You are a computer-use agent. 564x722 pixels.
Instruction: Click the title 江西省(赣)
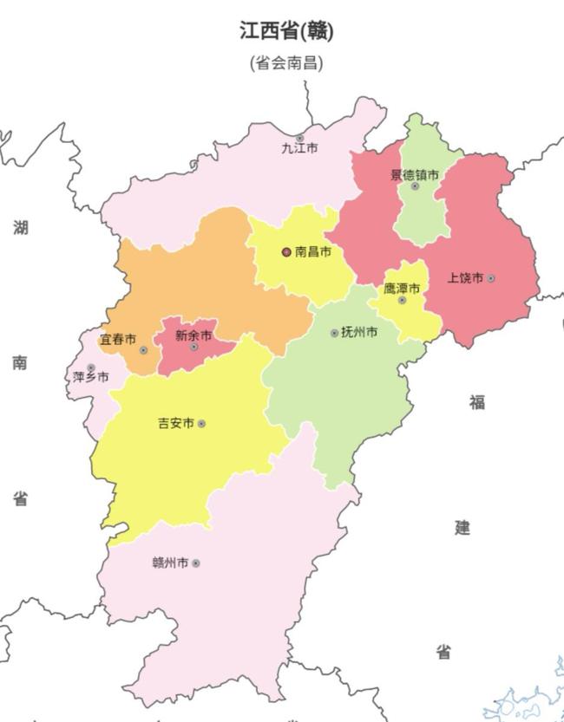286,31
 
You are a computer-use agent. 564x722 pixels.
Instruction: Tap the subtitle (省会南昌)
286,63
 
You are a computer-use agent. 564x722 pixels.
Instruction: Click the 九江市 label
298,148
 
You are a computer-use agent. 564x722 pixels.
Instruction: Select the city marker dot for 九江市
299,138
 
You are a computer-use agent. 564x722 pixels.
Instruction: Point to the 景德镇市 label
414,174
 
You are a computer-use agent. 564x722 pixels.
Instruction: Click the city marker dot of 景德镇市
415,185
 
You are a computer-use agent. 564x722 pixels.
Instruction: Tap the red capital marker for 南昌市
286,252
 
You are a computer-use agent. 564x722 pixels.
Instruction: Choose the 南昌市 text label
313,252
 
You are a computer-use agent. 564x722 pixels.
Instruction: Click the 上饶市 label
465,278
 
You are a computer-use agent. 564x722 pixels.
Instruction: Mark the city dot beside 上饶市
491,278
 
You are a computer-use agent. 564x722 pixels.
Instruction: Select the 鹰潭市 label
402,288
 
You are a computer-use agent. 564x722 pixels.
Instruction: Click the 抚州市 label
359,332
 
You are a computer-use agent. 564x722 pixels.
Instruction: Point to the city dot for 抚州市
334,333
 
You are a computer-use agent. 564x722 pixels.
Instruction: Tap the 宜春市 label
117,339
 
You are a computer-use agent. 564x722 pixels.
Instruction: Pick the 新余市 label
193,335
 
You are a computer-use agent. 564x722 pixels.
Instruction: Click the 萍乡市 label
91,377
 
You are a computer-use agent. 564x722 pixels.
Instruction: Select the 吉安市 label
175,424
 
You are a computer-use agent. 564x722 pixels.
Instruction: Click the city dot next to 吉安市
201,424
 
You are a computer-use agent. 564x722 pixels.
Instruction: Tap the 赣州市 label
170,563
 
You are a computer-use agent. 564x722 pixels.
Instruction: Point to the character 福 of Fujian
477,402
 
